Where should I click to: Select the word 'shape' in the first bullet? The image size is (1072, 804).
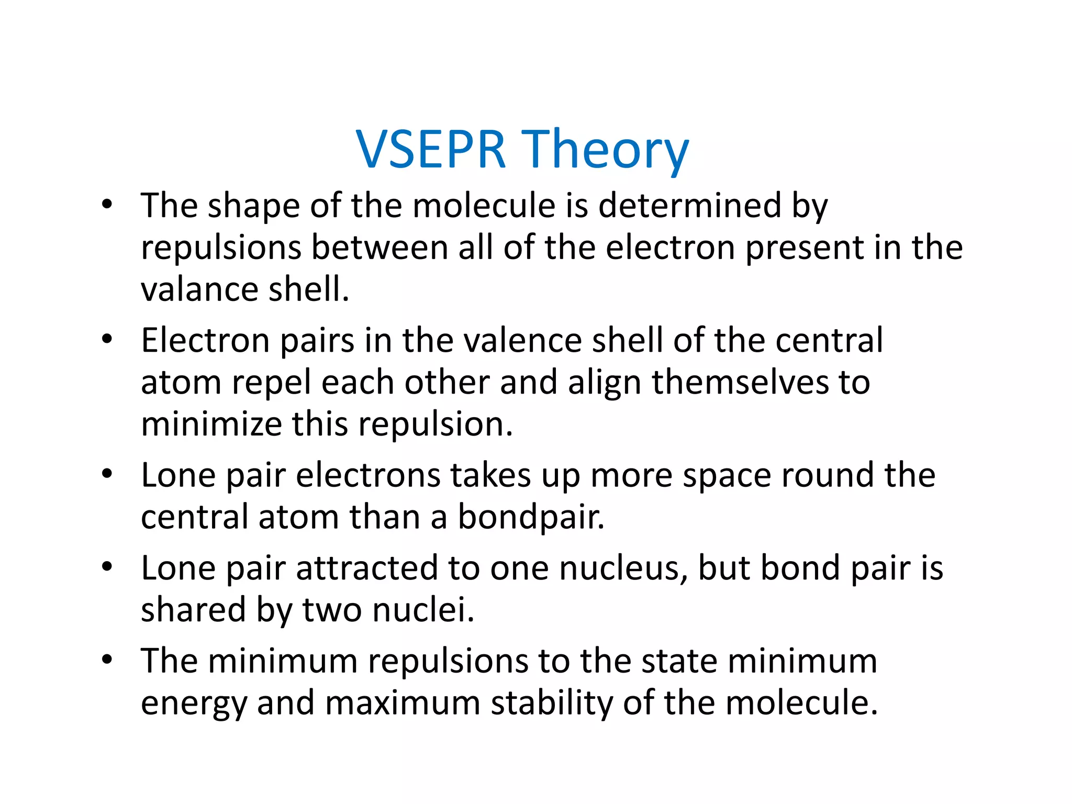pos(255,206)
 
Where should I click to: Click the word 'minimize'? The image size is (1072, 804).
pos(211,424)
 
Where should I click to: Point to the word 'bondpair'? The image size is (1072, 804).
pos(531,517)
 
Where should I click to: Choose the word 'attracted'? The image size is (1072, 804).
pos(367,568)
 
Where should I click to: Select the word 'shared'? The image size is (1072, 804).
pos(193,610)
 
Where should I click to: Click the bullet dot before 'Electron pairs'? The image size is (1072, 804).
pos(107,339)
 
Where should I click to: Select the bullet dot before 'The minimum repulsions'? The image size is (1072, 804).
pos(107,660)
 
